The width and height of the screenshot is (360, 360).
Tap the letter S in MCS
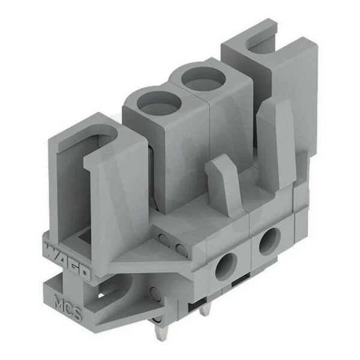(x=77, y=314)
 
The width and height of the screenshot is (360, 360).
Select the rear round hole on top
(x=203, y=79)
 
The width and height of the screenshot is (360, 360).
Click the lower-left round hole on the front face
(x=226, y=266)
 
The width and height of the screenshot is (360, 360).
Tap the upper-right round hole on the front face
(x=270, y=242)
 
